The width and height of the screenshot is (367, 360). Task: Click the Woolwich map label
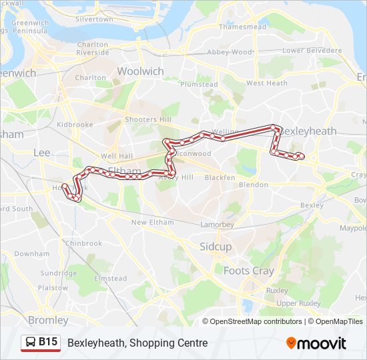(x=140, y=71)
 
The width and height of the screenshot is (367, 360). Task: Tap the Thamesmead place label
(x=242, y=27)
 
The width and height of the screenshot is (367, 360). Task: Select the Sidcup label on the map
(x=216, y=247)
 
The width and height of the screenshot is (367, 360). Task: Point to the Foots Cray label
(x=248, y=271)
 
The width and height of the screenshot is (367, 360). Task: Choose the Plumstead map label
(x=199, y=85)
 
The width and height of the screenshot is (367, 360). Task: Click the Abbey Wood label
(x=230, y=52)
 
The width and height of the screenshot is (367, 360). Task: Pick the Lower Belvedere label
(x=312, y=51)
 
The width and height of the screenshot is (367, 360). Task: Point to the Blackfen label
(x=220, y=177)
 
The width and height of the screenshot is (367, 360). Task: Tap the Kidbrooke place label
(x=75, y=125)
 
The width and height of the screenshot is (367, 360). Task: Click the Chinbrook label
(x=83, y=244)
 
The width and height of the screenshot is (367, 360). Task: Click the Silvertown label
(x=94, y=19)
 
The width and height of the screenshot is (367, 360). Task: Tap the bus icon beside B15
(x=31, y=343)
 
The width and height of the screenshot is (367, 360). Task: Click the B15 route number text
(x=48, y=343)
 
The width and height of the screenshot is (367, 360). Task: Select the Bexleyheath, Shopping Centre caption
(x=137, y=343)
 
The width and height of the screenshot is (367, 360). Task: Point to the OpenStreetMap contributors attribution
(x=256, y=321)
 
